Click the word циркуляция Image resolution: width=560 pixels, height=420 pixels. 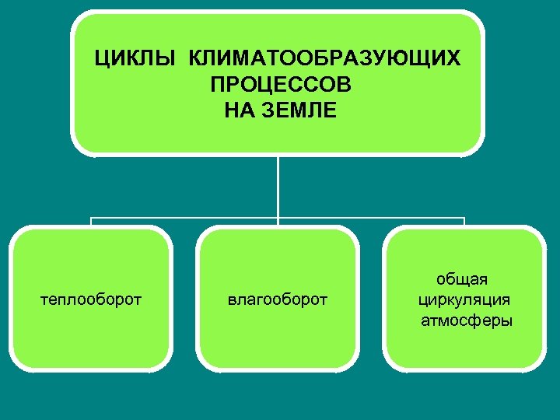click(x=464, y=299)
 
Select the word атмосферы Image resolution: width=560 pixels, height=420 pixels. click(x=467, y=320)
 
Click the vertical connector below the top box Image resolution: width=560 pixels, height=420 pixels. click(x=278, y=187)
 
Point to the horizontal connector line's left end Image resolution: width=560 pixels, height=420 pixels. click(x=92, y=219)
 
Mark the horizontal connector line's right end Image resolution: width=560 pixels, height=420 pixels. click(x=464, y=219)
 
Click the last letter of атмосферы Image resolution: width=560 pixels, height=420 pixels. click(x=508, y=320)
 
